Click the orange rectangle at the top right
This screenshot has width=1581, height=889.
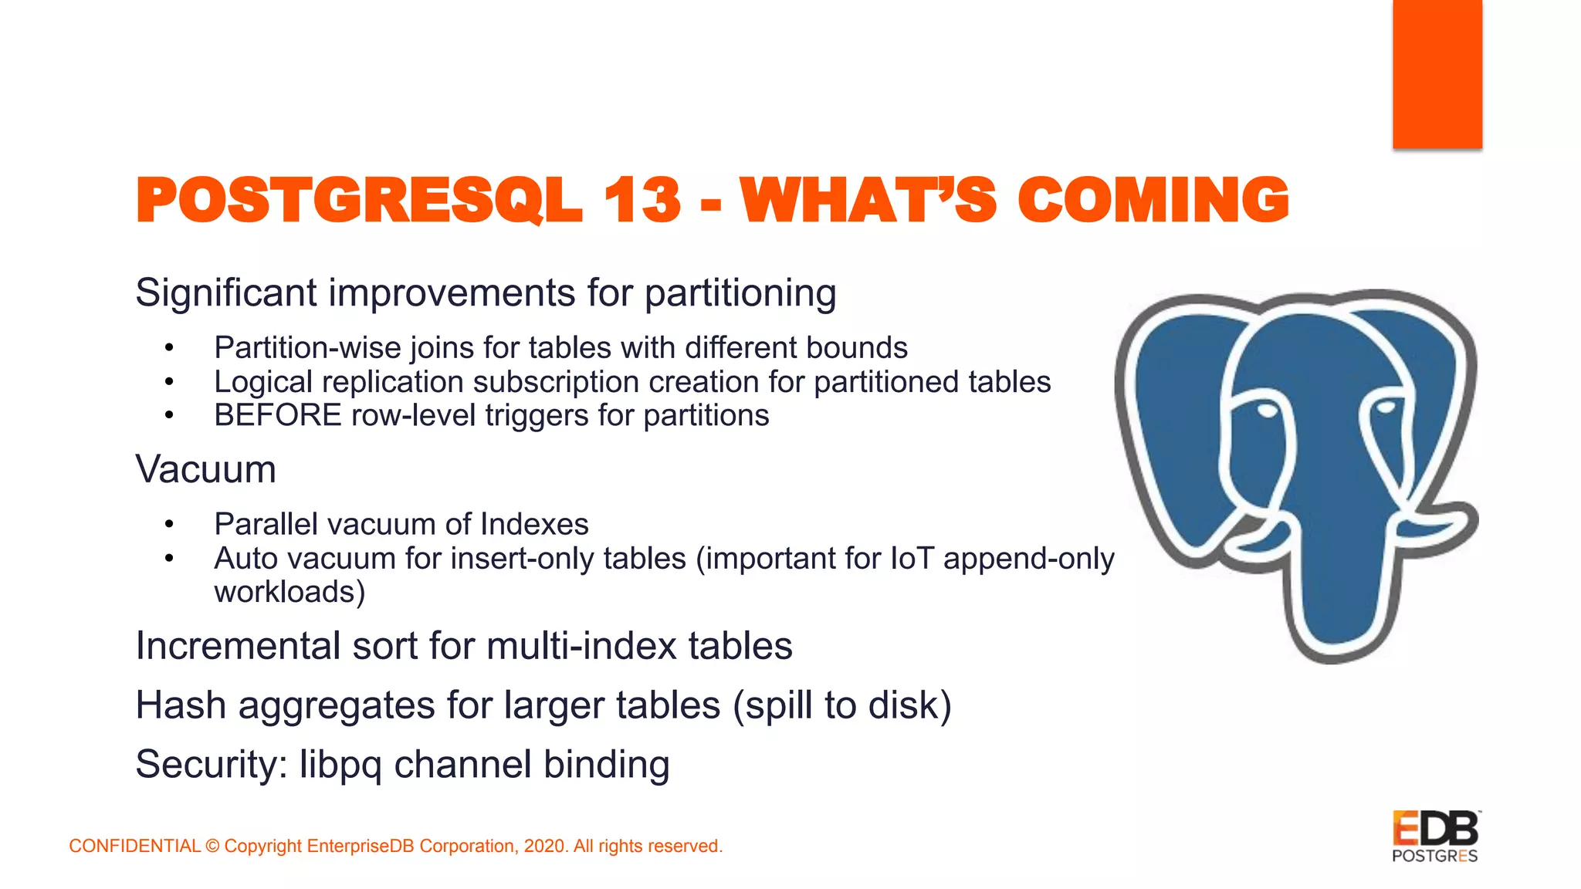[x=1437, y=73]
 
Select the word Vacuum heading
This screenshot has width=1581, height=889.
[x=205, y=469]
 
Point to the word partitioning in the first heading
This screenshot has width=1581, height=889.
[x=740, y=293]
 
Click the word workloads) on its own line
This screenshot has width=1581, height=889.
[x=289, y=592]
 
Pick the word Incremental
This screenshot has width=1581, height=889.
[x=238, y=646]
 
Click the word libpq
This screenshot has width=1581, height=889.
[x=340, y=765]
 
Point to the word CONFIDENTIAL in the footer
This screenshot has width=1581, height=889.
[x=134, y=846]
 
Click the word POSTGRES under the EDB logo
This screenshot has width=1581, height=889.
[x=1434, y=856]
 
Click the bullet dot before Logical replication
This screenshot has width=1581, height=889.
[x=169, y=381]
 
